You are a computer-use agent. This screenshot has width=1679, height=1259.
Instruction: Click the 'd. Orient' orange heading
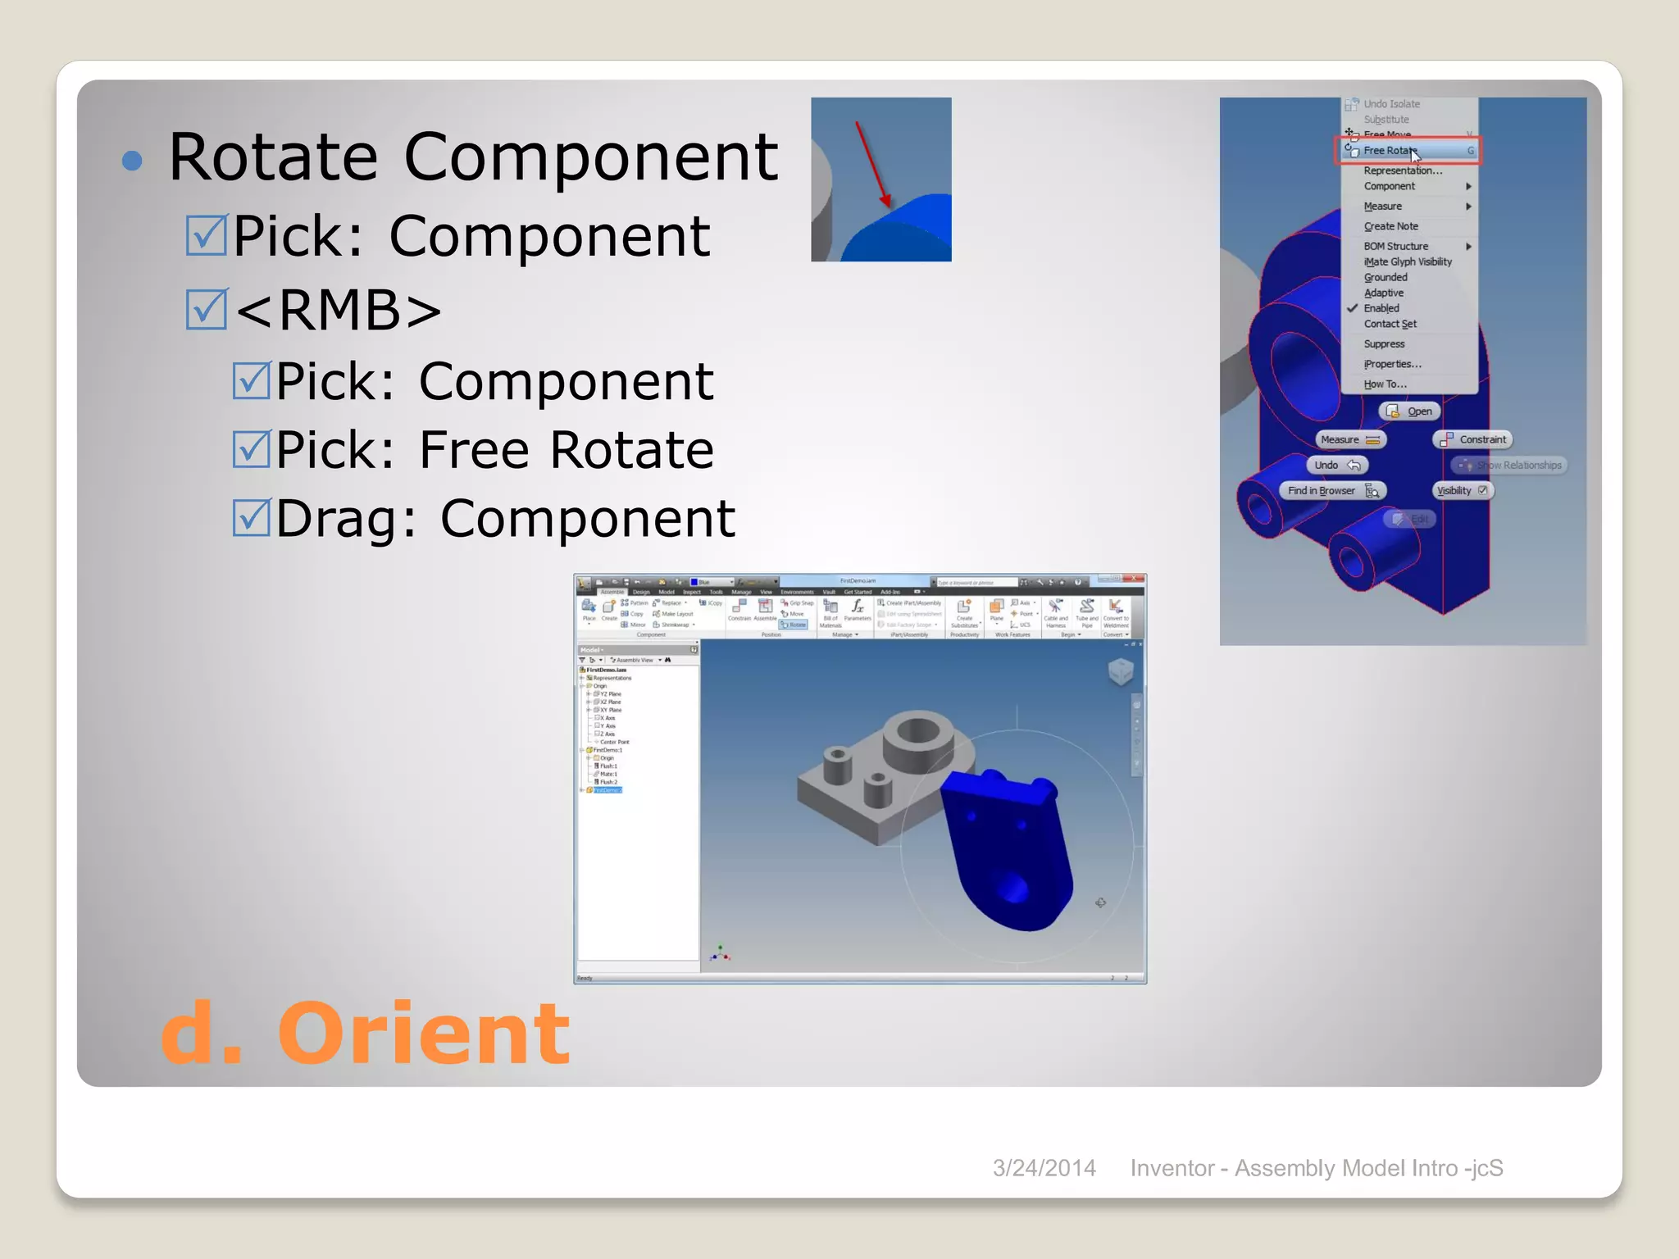365,1034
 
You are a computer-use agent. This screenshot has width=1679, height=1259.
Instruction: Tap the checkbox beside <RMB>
206,310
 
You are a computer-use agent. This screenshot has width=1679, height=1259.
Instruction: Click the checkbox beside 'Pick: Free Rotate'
251,450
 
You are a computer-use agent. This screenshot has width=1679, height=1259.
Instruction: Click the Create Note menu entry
1390,226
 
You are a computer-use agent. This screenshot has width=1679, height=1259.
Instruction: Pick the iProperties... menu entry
1392,364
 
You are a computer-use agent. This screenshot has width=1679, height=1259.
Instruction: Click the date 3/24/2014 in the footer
1044,1168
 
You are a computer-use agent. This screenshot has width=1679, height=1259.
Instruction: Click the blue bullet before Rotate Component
132,160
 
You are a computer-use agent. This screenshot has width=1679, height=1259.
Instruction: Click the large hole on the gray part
918,729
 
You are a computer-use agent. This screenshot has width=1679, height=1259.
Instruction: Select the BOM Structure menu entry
1395,246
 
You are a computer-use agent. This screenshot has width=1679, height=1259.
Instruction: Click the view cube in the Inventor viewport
1121,671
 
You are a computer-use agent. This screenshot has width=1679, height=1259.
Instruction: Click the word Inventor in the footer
1172,1168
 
